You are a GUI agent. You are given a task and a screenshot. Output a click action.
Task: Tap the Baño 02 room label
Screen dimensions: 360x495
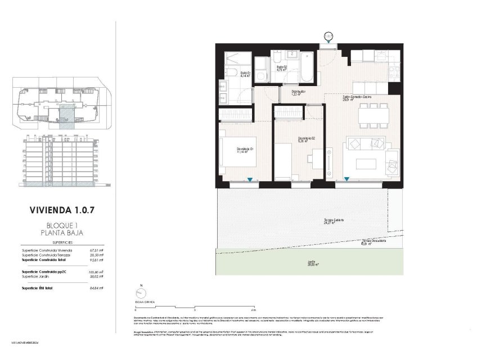point(282,69)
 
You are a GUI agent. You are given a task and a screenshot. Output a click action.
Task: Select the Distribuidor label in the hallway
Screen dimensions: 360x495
point(298,92)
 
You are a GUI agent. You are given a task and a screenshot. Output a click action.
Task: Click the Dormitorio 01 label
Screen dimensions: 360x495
point(245,150)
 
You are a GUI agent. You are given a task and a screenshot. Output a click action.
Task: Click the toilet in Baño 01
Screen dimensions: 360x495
point(231,72)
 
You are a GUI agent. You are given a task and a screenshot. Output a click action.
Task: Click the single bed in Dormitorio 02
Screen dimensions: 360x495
point(283,161)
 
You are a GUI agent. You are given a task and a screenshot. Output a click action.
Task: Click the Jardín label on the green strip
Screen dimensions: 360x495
point(310,262)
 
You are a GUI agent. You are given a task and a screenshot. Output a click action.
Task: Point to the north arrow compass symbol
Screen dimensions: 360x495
point(137,292)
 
